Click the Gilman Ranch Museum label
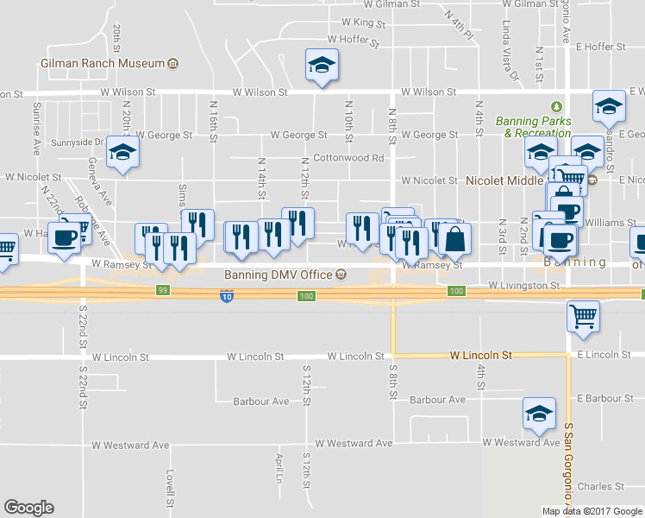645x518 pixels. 103,64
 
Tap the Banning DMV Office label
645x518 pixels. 279,275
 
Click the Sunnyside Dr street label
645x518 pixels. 78,142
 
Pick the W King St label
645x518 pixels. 363,22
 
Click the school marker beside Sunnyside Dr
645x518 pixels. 122,154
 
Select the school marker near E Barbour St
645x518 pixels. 539,414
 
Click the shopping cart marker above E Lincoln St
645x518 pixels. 583,316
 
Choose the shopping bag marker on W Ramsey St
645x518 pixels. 455,238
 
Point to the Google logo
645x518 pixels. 28,508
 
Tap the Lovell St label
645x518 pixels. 171,488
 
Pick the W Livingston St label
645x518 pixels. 523,284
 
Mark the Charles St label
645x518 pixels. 600,487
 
